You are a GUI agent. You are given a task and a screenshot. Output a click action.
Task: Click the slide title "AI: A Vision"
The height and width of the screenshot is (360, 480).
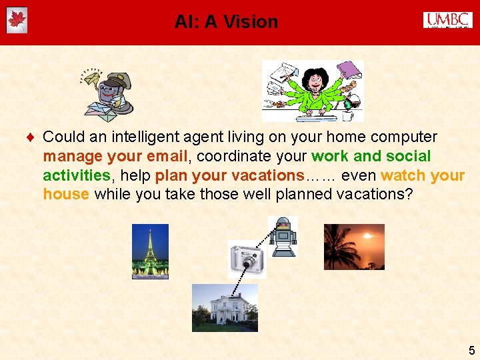(x=226, y=22)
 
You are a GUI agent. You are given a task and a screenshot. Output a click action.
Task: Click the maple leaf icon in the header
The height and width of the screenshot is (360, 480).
(x=16, y=21)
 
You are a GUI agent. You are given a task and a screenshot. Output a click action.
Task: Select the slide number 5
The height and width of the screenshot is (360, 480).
(x=471, y=351)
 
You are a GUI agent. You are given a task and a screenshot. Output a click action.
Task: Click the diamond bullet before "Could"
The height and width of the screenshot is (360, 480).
(x=31, y=138)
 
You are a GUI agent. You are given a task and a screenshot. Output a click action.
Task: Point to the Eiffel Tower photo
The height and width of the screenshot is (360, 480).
(x=150, y=251)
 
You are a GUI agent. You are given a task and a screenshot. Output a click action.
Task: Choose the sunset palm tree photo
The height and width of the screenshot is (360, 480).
(x=353, y=247)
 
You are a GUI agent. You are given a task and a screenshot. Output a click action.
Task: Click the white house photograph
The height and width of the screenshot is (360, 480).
(x=224, y=307)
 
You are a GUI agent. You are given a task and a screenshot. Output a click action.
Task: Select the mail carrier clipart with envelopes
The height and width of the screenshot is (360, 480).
(x=106, y=93)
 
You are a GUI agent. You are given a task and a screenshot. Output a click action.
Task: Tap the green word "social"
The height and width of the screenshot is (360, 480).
(x=408, y=157)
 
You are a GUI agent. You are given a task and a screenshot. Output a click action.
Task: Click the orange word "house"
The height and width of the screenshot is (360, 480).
(x=66, y=195)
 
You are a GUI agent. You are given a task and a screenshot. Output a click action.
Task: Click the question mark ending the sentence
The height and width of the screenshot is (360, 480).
(x=409, y=195)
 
